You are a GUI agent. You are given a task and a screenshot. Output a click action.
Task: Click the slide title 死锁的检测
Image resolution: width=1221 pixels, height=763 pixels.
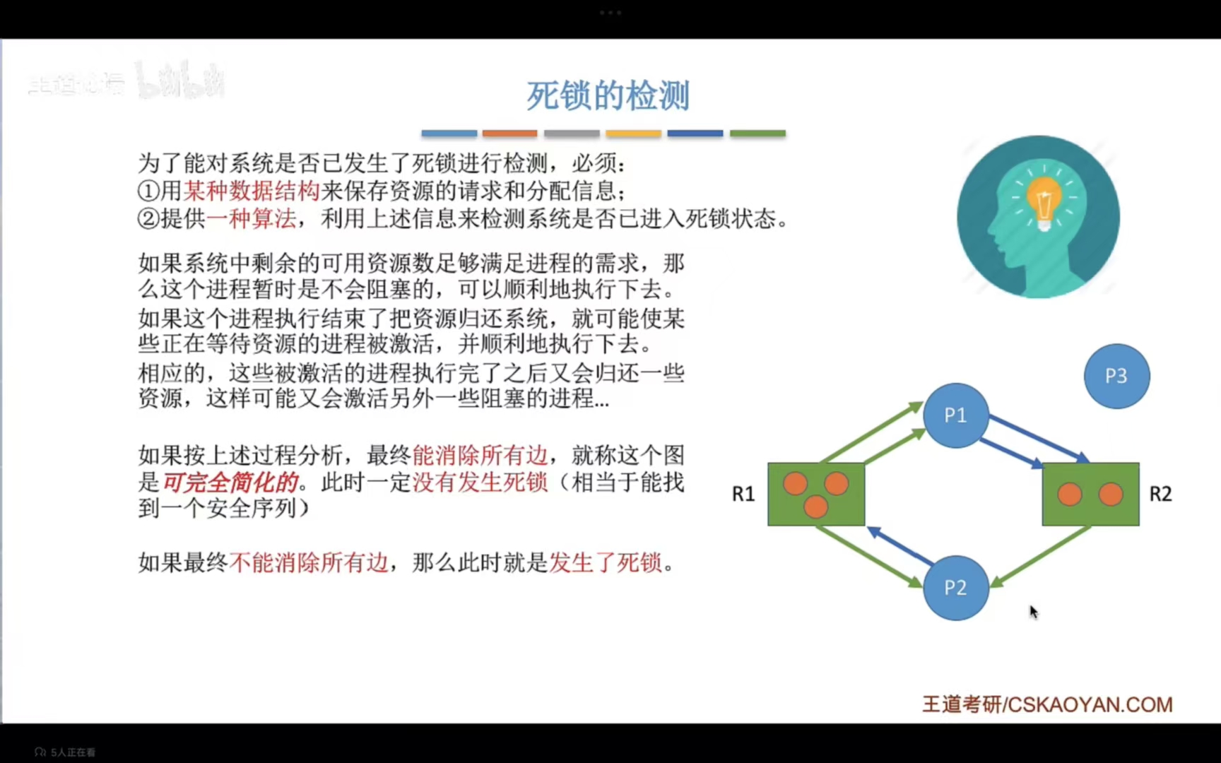[608, 95]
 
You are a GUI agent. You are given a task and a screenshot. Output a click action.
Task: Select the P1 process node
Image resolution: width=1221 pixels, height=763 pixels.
[955, 415]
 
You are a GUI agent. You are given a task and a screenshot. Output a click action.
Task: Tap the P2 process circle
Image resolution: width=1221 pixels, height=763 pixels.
[955, 588]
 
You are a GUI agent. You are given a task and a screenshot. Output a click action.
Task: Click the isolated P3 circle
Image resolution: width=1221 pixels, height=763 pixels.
[1116, 376]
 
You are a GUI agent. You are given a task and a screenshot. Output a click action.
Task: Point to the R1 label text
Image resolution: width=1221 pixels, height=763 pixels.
[743, 494]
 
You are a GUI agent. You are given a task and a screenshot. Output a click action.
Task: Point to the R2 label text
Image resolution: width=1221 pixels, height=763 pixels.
[1160, 494]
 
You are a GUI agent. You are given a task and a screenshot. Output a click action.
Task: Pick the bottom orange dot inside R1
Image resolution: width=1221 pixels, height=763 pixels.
[815, 506]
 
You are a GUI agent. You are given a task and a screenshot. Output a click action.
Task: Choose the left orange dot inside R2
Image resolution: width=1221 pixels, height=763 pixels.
[1070, 494]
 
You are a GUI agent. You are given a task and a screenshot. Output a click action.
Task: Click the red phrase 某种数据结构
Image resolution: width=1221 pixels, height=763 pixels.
[252, 191]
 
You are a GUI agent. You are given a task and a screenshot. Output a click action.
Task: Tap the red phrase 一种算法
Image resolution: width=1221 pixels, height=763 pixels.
[252, 218]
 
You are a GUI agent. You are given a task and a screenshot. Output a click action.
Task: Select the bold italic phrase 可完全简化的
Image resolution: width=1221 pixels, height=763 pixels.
[230, 483]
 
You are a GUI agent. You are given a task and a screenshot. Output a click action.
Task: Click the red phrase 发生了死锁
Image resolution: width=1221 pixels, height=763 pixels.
[606, 562]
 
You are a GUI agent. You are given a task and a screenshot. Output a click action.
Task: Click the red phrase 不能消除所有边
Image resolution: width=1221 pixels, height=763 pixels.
[309, 562]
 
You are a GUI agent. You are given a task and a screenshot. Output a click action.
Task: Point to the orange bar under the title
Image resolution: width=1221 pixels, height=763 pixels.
[509, 133]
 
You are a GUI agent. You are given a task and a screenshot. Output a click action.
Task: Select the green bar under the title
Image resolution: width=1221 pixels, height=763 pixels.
[757, 133]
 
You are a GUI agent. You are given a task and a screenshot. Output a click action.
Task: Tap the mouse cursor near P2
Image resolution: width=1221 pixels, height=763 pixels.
[1033, 612]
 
